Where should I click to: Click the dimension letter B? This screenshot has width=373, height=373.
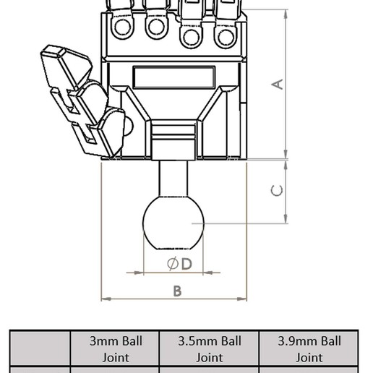pos(176,291)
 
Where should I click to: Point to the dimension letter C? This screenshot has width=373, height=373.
pos(277,191)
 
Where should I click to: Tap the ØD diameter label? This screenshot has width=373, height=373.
pos(179,264)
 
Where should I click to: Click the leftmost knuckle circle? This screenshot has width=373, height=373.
pos(121,27)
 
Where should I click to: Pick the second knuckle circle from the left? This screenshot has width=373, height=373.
pos(155,27)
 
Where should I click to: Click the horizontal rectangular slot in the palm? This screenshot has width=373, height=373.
pos(173,77)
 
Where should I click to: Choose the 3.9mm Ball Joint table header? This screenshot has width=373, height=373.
pos(309,348)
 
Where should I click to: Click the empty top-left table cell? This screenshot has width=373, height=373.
pos(40,348)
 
